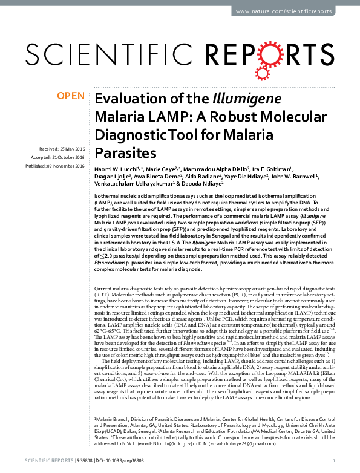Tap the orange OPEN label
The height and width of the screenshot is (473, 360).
(70, 96)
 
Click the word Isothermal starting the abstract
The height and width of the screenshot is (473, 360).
(108, 198)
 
